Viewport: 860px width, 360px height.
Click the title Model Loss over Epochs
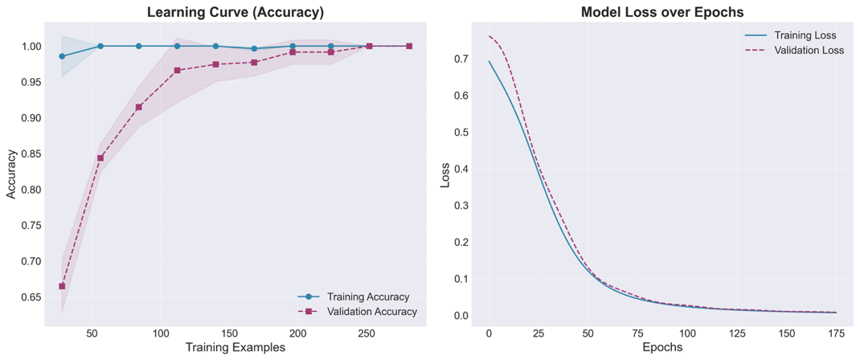click(x=662, y=12)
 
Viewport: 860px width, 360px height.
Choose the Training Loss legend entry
click(x=805, y=35)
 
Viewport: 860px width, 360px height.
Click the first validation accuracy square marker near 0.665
click(x=62, y=286)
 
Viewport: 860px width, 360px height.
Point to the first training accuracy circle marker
click(x=62, y=56)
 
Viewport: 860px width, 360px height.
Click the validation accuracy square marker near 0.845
click(x=100, y=157)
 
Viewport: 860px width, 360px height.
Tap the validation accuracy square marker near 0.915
click(x=139, y=107)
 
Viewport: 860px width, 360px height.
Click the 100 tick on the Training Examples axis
click(x=161, y=333)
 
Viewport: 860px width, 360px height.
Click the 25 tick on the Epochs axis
click(x=538, y=333)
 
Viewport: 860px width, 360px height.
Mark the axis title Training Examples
click(x=235, y=348)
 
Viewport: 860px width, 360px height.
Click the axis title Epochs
click(x=662, y=348)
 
